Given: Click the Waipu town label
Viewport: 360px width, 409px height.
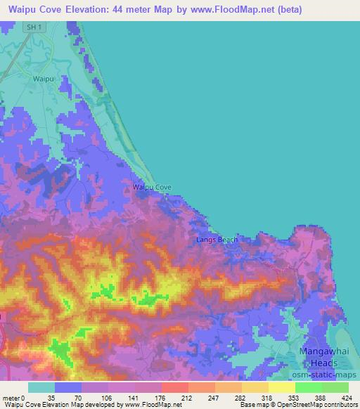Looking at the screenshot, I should point(44,79).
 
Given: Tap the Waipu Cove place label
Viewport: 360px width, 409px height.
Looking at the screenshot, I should point(152,188).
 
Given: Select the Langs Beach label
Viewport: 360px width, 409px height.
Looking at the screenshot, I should point(217,240).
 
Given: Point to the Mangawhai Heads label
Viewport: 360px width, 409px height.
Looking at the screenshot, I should point(314,356).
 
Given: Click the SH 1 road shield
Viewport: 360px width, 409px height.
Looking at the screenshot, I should point(30,27).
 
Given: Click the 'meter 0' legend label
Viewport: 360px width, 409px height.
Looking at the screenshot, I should point(14,398).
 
